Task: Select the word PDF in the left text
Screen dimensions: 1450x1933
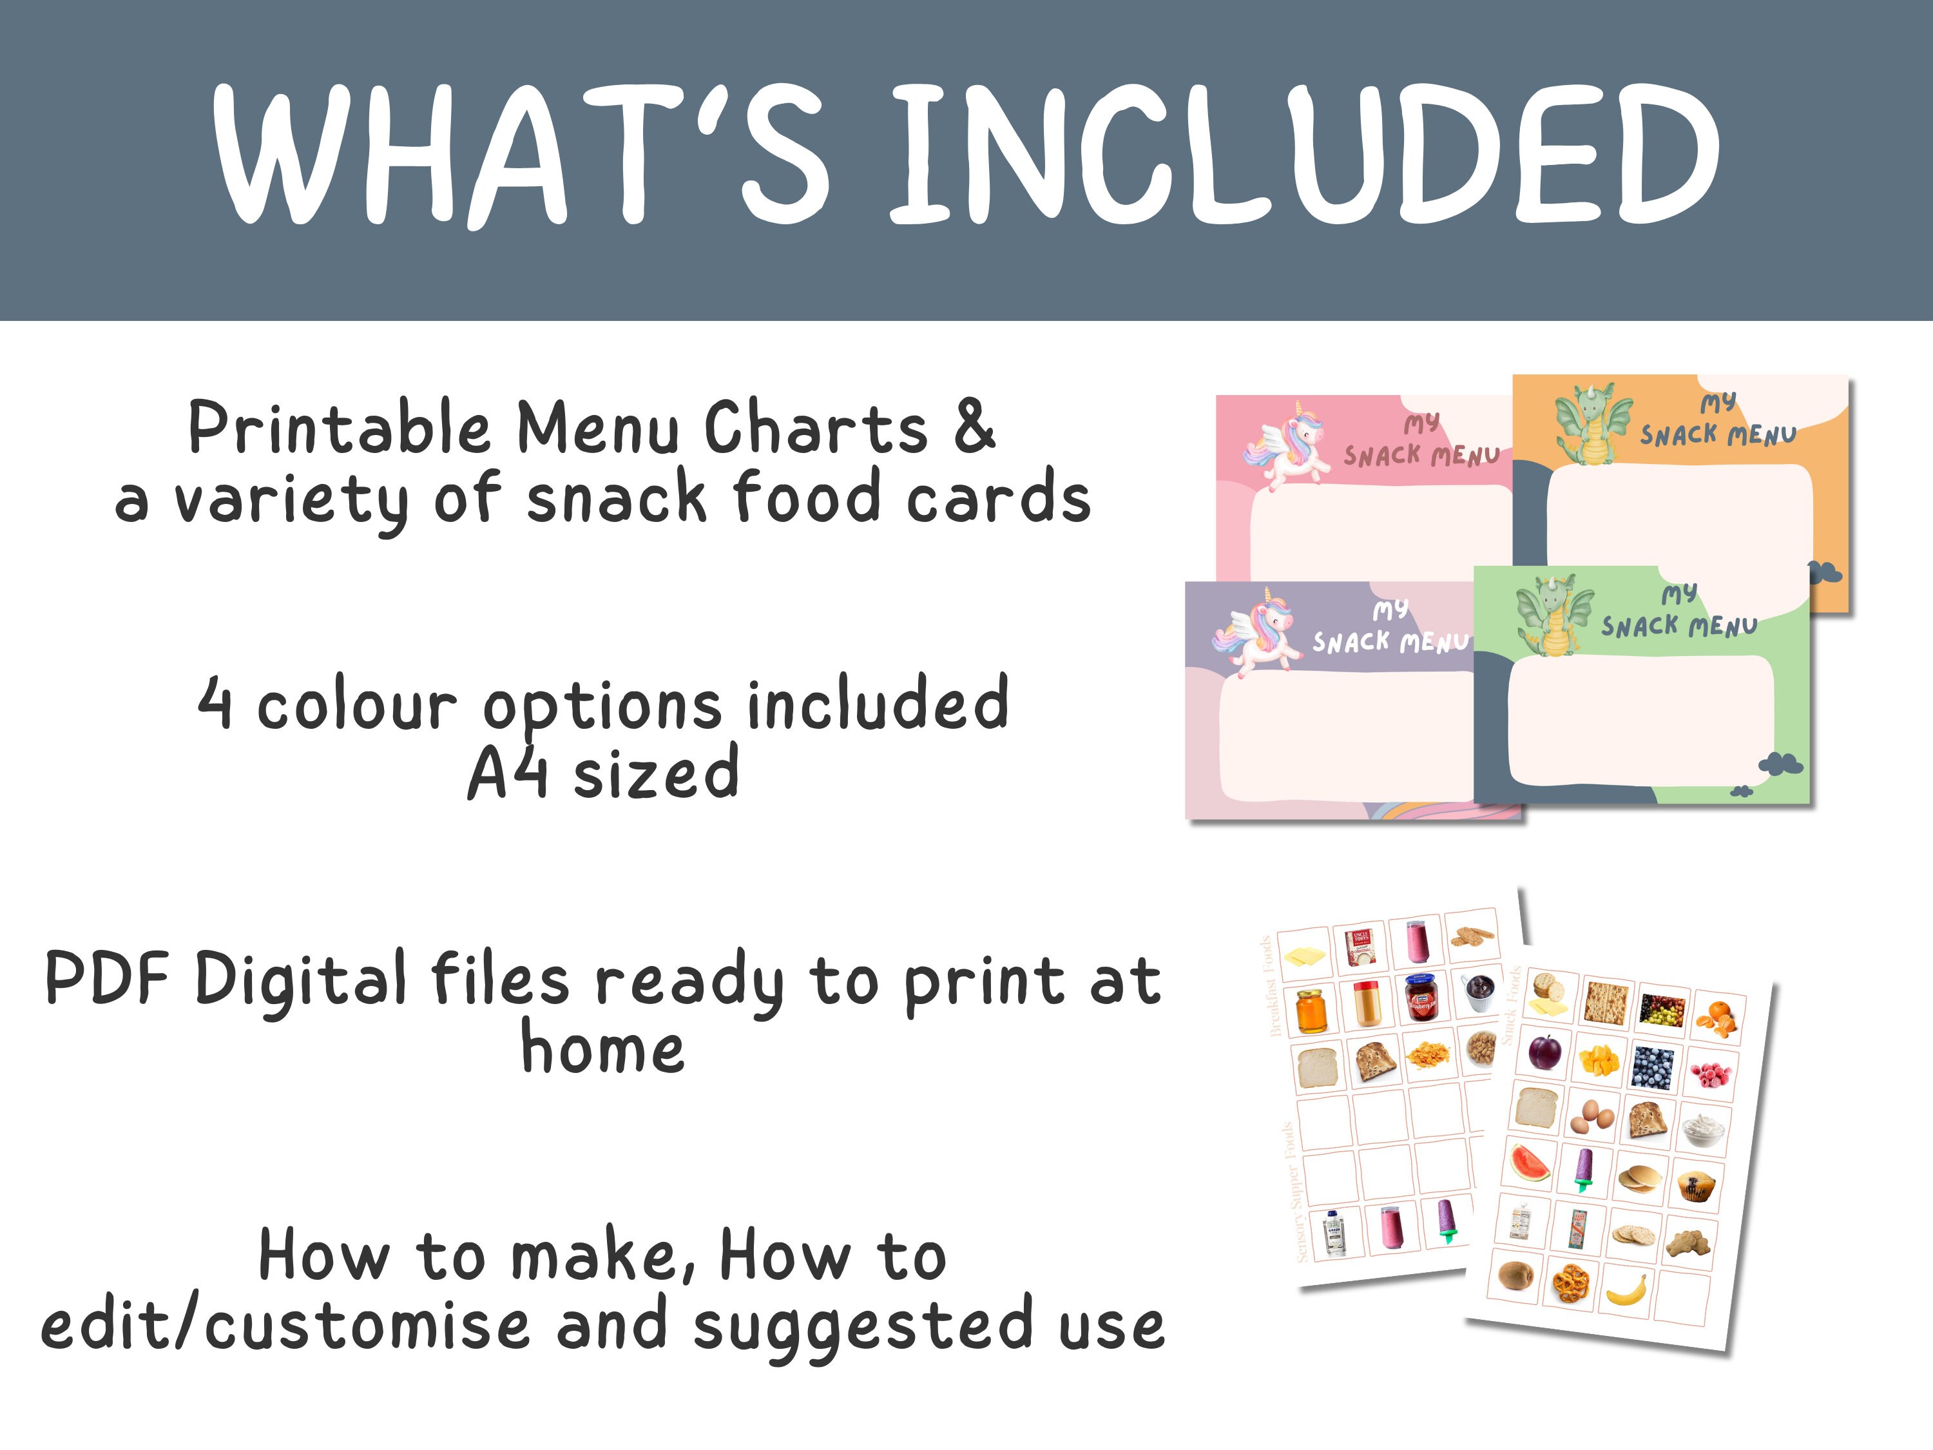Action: coord(106,979)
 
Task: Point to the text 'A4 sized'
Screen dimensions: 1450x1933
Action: coord(603,773)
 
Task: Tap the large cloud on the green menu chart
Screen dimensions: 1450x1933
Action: coord(1781,763)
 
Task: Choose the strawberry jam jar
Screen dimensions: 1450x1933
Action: coord(1420,997)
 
